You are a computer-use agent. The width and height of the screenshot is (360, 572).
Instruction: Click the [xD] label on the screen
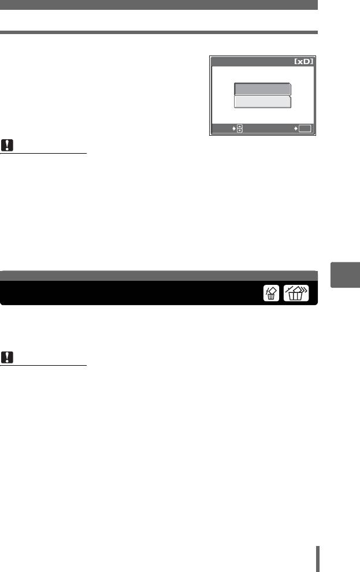click(x=303, y=61)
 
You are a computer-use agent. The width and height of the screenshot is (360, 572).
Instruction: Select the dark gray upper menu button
click(x=262, y=89)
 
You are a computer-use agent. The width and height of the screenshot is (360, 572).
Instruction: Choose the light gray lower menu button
click(x=262, y=102)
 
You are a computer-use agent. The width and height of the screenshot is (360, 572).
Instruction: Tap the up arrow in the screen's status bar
click(x=240, y=127)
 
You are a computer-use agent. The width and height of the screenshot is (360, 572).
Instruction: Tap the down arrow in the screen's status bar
click(x=240, y=130)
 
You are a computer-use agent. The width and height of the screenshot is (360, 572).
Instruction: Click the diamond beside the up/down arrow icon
click(x=234, y=128)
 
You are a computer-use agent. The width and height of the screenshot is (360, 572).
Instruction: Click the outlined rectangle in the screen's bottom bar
click(x=305, y=128)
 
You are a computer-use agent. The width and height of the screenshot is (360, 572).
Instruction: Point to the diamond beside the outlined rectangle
click(x=296, y=128)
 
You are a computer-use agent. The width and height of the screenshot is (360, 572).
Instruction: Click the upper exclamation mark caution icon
click(x=7, y=145)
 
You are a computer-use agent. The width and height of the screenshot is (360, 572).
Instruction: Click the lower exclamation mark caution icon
click(x=7, y=357)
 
